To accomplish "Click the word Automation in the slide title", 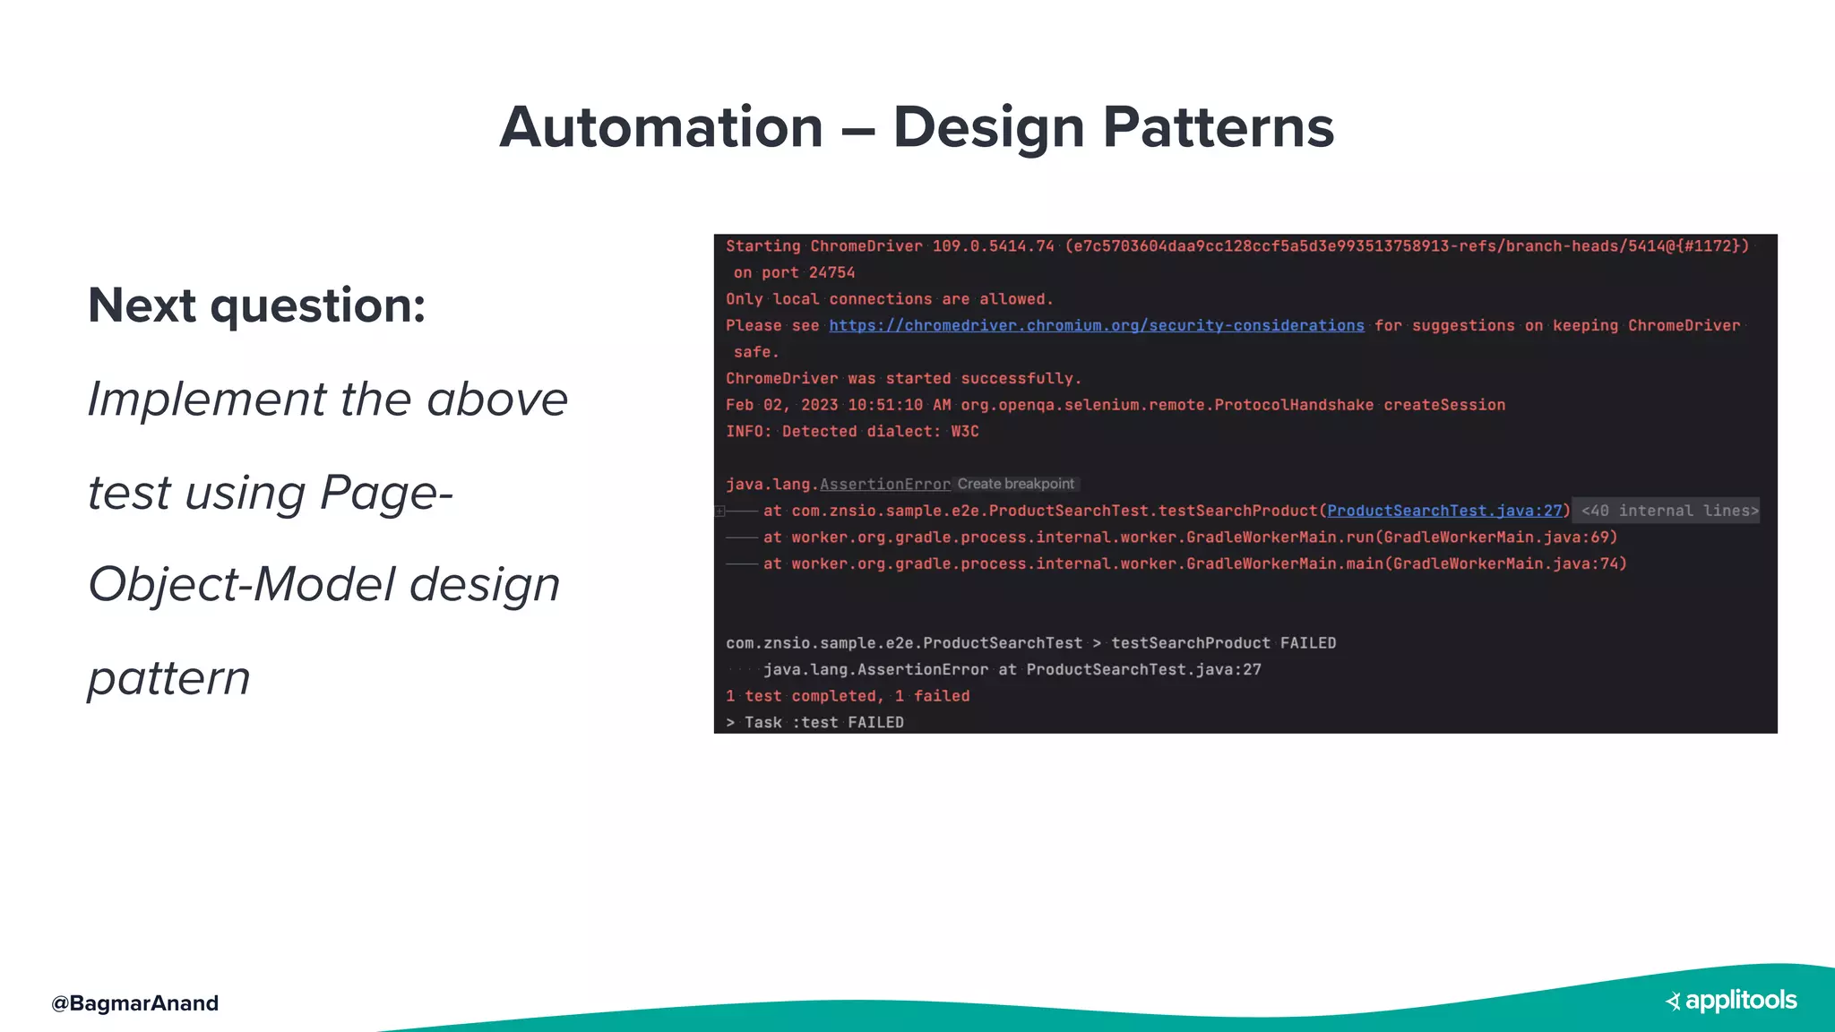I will (x=661, y=127).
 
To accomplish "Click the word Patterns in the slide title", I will (x=1219, y=127).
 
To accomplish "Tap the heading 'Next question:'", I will (x=256, y=305).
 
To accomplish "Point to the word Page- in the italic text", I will (x=386, y=493).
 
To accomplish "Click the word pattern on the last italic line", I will (x=168, y=677).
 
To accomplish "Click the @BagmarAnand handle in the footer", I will (x=135, y=1002).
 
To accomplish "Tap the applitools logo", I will (x=1731, y=1000).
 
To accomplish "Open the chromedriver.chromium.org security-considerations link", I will (x=1096, y=325).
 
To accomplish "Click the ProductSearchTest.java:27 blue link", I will (x=1444, y=511).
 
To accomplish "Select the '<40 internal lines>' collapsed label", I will (x=1669, y=511).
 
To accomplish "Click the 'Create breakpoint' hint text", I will (x=1015, y=484).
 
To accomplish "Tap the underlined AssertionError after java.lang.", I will (x=884, y=485).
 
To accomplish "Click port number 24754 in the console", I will (x=831, y=272).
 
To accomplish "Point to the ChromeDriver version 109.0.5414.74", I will (x=993, y=246).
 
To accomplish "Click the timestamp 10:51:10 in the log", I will (x=885, y=405).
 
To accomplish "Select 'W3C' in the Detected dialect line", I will (x=964, y=432).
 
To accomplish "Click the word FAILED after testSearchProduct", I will (x=1307, y=643).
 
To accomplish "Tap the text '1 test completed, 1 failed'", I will (x=847, y=696).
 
